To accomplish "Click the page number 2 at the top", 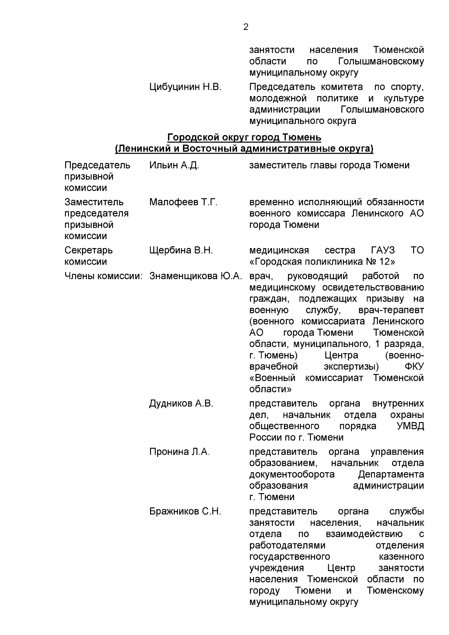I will tap(245, 27).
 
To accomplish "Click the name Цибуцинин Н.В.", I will tap(185, 87).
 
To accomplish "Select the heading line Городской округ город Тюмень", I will tap(244, 137).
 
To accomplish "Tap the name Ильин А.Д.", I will tap(174, 165).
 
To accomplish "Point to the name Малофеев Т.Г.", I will tap(183, 202).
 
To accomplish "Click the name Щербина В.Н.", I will tap(181, 250).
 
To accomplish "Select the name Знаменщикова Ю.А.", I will tap(196, 276).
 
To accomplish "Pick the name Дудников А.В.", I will tap(181, 403).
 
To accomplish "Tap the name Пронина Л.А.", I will tap(180, 452).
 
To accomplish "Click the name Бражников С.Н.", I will tap(185, 511).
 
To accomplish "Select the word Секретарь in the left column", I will tap(88, 250).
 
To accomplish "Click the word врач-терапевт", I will tap(391, 310).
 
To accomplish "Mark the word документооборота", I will tap(292, 474).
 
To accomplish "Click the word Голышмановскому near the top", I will tap(381, 61).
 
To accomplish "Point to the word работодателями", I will tap(287, 545).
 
